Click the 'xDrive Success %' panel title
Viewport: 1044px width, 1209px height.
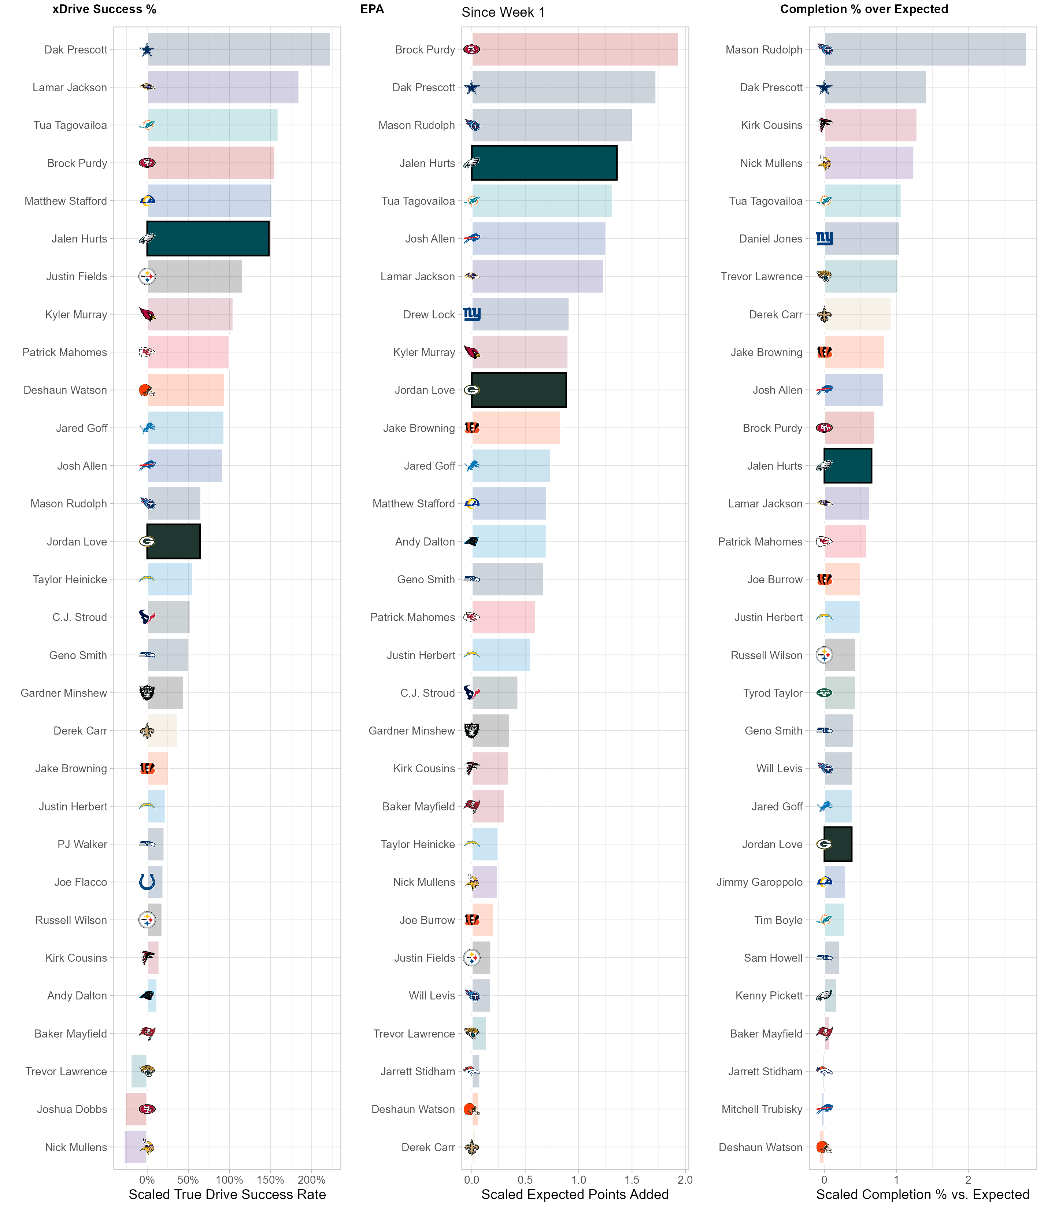tap(104, 9)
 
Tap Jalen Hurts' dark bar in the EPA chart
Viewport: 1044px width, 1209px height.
tap(544, 163)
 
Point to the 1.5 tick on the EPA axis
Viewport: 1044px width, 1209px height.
tap(632, 1180)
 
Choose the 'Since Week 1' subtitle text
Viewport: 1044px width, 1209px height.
tap(503, 12)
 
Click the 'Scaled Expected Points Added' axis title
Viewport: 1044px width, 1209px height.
tap(575, 1194)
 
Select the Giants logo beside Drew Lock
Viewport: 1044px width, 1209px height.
tap(471, 314)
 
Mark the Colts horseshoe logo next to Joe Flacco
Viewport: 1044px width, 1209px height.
tap(147, 882)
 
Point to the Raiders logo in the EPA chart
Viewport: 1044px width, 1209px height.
tap(471, 731)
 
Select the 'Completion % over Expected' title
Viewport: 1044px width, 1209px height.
tap(864, 9)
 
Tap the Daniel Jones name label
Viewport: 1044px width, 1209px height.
tap(770, 239)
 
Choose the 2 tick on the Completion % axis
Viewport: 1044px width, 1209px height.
tap(968, 1180)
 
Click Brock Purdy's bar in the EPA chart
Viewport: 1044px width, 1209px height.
tap(575, 49)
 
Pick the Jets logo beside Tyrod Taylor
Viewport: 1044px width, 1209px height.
tap(824, 692)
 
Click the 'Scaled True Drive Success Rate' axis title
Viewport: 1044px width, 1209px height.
tap(227, 1194)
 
